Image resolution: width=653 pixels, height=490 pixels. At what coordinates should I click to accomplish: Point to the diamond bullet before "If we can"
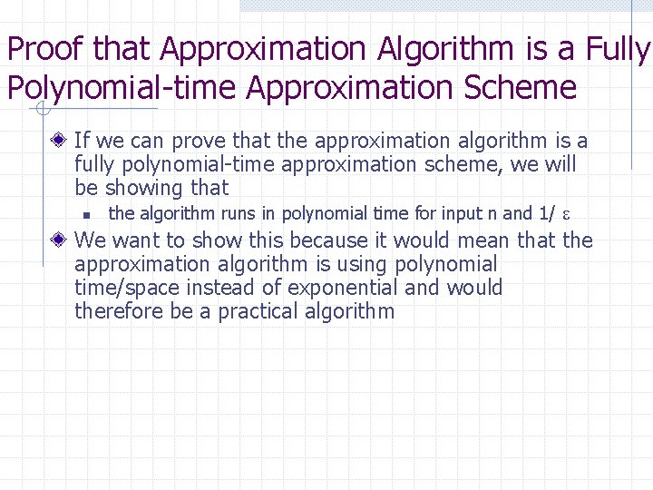coord(59,141)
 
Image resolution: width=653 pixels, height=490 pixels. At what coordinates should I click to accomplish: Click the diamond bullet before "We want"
coord(59,240)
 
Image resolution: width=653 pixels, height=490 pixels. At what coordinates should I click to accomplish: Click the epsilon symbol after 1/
coord(566,215)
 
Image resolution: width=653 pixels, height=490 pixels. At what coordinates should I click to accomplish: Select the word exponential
coord(345,288)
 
